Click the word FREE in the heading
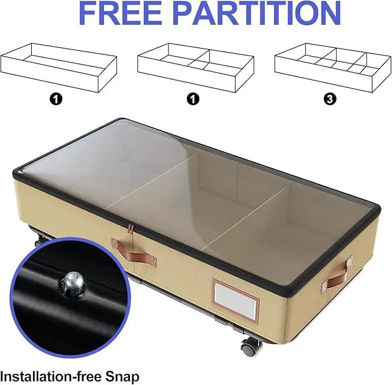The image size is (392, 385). click(119, 13)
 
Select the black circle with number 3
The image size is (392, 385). click(330, 99)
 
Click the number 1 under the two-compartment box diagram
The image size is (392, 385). click(56, 99)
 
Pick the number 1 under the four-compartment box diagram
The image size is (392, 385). click(193, 99)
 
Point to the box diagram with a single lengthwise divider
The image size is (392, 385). click(59, 68)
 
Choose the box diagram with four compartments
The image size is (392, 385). click(196, 68)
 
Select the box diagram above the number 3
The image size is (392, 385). click(333, 68)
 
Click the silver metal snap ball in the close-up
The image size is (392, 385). click(72, 285)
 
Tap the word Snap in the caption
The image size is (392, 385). click(122, 376)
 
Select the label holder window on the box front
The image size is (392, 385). click(235, 299)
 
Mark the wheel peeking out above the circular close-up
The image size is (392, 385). click(39, 241)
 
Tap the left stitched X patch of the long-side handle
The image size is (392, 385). click(115, 243)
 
